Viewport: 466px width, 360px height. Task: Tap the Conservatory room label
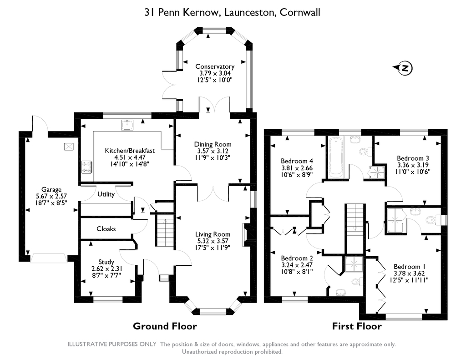pyautogui.click(x=215, y=66)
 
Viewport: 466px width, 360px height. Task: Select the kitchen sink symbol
pyautogui.click(x=128, y=125)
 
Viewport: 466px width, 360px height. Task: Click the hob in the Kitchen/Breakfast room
pyautogui.click(x=87, y=167)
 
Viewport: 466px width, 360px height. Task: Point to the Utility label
pyautogui.click(x=106, y=194)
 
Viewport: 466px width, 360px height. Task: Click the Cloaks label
pyautogui.click(x=106, y=228)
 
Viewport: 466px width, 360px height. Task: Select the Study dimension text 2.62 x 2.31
pyautogui.click(x=107, y=269)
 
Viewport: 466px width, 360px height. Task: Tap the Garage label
pyautogui.click(x=51, y=189)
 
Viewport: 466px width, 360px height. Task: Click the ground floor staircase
pyautogui.click(x=164, y=230)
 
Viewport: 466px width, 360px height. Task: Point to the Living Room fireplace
pyautogui.click(x=246, y=235)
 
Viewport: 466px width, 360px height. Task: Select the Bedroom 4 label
pyautogui.click(x=297, y=161)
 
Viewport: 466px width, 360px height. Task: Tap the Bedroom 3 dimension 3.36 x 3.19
pyautogui.click(x=413, y=165)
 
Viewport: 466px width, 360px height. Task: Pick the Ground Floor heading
pyautogui.click(x=165, y=326)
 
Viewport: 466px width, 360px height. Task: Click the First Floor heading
pyautogui.click(x=357, y=326)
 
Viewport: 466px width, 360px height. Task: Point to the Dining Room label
pyautogui.click(x=213, y=144)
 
